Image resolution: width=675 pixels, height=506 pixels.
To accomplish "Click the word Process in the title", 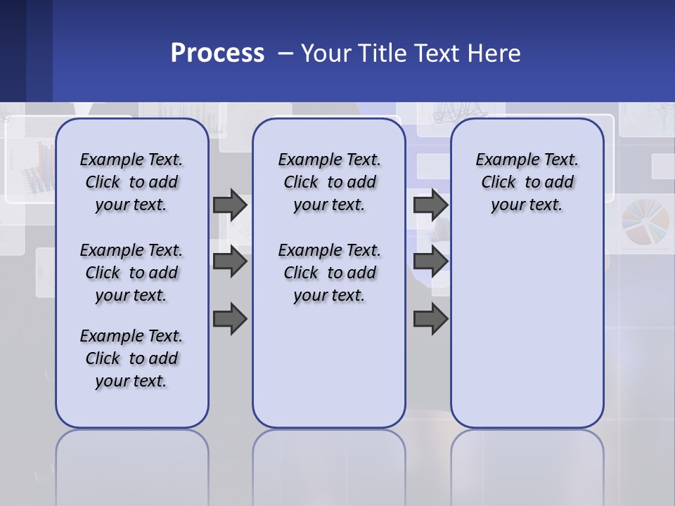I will pos(217,53).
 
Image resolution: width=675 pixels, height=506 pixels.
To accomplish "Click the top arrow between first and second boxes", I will pos(229,205).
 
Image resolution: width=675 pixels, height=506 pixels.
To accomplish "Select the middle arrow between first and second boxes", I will pos(229,261).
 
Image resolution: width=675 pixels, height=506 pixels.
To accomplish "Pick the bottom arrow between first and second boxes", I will pos(229,319).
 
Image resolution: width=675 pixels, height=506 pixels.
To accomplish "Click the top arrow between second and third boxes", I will pos(430,205).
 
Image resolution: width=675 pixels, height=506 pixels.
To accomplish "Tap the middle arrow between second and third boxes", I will pos(430,261).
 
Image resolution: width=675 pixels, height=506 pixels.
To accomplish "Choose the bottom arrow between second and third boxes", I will pos(430,319).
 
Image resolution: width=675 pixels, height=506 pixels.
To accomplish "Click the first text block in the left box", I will pos(131,182).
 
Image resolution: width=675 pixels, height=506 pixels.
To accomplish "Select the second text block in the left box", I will pos(131,273).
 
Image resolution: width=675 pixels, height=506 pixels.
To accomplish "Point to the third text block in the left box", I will pos(131,358).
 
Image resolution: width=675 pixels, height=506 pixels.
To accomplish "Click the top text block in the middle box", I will pos(329,182).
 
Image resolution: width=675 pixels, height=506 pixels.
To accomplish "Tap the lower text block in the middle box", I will pos(329,273).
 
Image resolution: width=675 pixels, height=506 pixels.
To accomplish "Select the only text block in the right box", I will pos(527,182).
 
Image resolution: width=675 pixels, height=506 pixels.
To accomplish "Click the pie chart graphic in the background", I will pos(643,225).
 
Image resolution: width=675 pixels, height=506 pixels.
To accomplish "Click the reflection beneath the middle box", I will pos(329,464).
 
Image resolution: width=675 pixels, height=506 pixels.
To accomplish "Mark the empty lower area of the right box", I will pos(527,330).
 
